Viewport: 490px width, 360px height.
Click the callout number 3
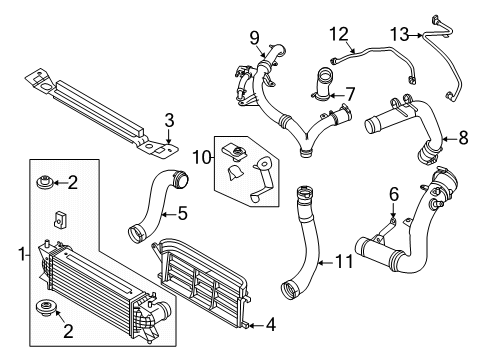click(169, 121)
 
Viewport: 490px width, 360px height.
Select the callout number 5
click(182, 212)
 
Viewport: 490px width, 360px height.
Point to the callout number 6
click(394, 193)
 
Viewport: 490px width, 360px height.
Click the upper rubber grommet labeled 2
click(45, 182)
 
